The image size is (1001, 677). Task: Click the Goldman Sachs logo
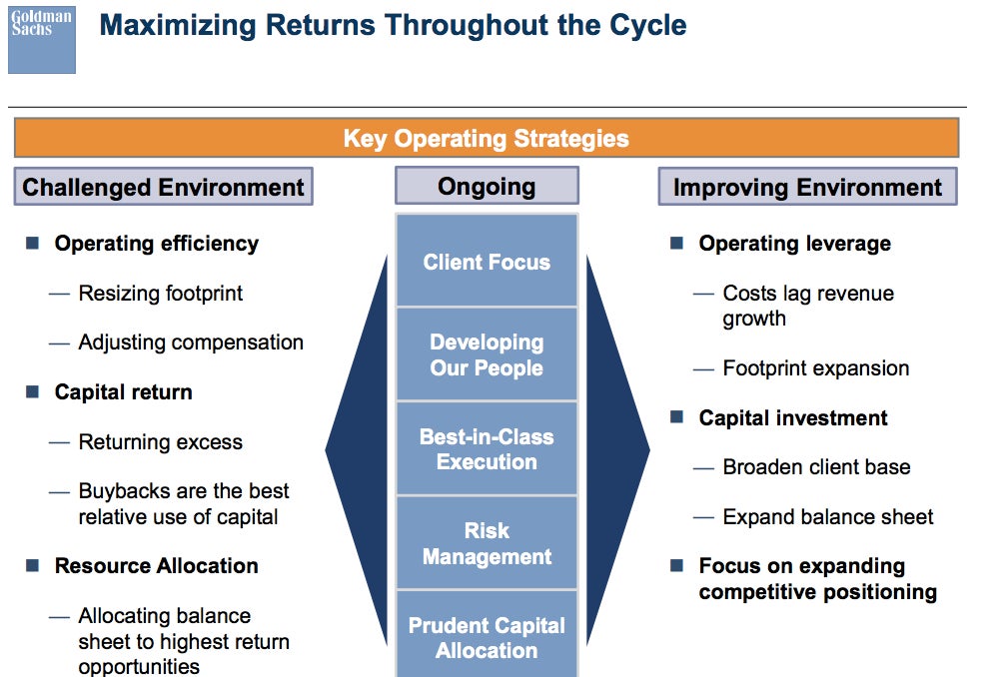[x=42, y=40]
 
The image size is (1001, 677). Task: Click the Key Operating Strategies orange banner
[x=487, y=138]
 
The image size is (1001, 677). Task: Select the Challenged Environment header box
[x=164, y=187]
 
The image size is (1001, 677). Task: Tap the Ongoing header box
[x=488, y=186]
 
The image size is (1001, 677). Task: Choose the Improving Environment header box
[x=807, y=187]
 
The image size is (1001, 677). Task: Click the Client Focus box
[x=488, y=261]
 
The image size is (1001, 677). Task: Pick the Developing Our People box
[x=488, y=354]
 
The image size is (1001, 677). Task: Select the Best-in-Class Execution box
[x=488, y=448]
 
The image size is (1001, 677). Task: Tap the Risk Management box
[x=488, y=543]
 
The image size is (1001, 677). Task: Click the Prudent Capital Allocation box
[x=488, y=634]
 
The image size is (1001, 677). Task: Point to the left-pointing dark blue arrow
[x=358, y=449]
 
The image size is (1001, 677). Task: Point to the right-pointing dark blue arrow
[x=617, y=449]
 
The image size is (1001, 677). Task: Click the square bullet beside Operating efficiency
[x=33, y=243]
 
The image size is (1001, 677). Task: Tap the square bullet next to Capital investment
[x=676, y=417]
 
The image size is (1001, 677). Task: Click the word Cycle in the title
[x=648, y=26]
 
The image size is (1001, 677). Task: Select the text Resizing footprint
[x=160, y=293]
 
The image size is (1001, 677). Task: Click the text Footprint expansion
[x=816, y=368]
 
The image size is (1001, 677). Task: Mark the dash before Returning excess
[x=59, y=442]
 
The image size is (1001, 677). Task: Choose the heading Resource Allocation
[x=157, y=565]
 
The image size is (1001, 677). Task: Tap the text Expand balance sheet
[x=828, y=516]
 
